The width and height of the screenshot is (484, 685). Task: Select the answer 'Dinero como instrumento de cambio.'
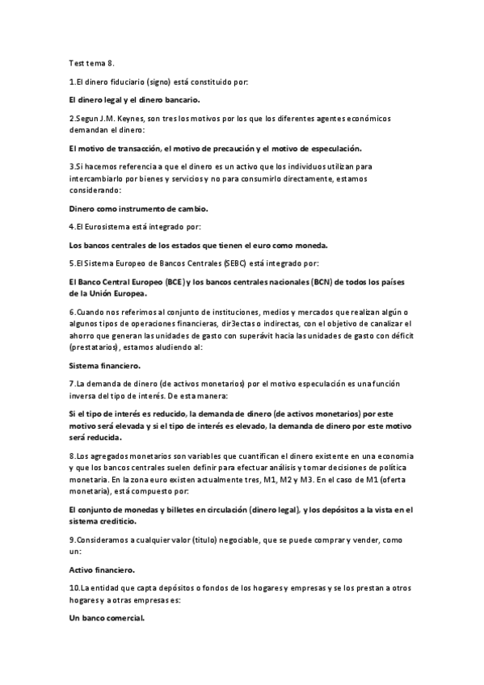coord(138,208)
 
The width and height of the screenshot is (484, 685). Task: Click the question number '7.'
coord(73,384)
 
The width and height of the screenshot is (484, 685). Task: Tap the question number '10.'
coord(75,588)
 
